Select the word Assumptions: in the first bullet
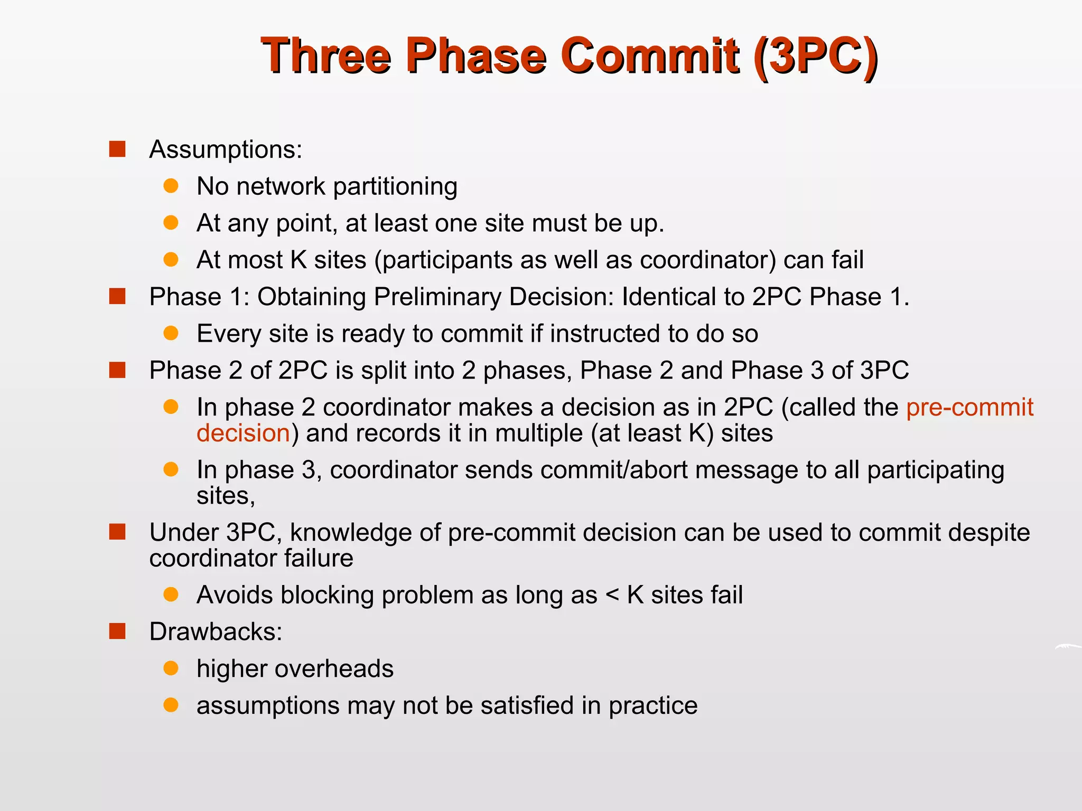(x=226, y=149)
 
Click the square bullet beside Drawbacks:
(x=117, y=631)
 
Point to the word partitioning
(x=395, y=187)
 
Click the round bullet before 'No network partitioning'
(x=171, y=186)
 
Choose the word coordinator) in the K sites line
(x=707, y=260)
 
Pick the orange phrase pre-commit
(x=969, y=407)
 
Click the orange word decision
(x=243, y=433)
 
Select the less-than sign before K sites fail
(x=612, y=596)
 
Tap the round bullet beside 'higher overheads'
(x=171, y=668)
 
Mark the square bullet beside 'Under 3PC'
(x=117, y=532)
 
